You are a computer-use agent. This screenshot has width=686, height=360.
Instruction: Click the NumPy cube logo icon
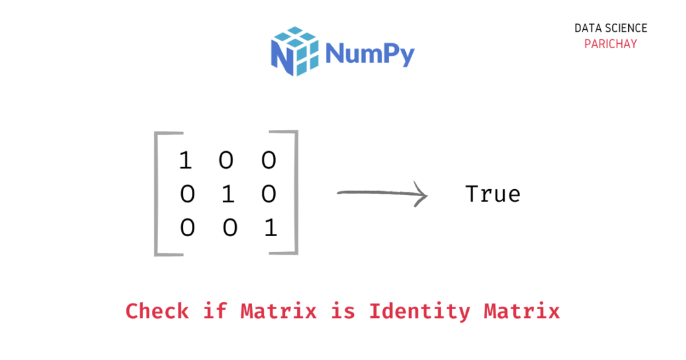click(x=294, y=51)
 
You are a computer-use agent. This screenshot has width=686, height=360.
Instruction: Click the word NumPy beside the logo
click(x=370, y=53)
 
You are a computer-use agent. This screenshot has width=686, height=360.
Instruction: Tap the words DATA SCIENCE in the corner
click(x=610, y=29)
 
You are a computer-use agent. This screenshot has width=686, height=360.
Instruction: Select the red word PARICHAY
click(x=610, y=44)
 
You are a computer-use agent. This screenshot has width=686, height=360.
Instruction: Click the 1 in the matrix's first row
click(x=185, y=161)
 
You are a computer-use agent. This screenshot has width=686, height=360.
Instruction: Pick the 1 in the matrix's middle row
click(x=227, y=194)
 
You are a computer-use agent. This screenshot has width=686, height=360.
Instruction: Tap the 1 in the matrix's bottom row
click(x=271, y=227)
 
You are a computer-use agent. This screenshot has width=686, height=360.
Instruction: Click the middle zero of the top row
click(x=226, y=161)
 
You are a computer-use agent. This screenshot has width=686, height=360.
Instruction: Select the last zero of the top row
click(x=269, y=161)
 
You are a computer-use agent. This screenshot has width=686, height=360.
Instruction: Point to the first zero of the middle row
click(x=187, y=194)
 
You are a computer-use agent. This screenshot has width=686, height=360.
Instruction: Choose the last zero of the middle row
click(x=269, y=194)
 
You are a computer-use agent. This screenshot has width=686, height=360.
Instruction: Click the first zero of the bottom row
click(x=187, y=227)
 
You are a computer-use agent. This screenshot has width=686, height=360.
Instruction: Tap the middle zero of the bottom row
click(x=229, y=227)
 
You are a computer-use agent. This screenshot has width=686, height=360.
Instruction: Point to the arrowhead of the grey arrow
click(x=422, y=194)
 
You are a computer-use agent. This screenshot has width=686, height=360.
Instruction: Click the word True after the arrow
click(x=493, y=194)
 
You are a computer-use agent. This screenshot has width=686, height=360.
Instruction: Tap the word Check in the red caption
click(x=157, y=311)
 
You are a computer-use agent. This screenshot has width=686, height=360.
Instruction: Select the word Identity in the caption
click(x=419, y=312)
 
